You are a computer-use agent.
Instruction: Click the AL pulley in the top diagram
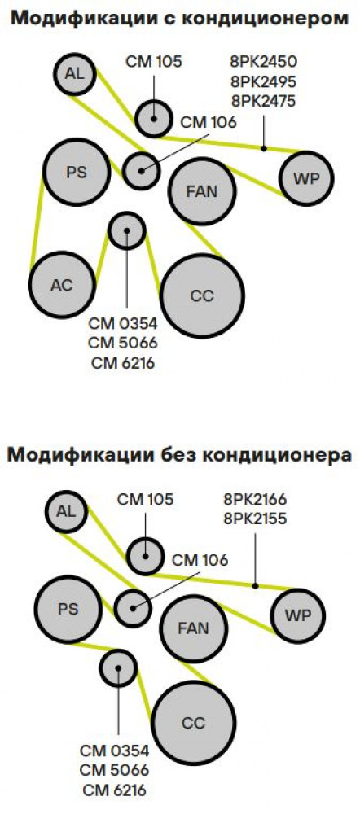coord(75,74)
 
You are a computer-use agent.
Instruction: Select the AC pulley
coord(62,284)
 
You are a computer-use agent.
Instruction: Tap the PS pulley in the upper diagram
coord(77,172)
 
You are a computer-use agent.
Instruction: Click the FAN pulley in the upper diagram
coord(202,191)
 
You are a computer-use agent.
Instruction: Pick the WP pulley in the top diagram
coord(306,179)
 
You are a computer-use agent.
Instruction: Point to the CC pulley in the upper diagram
coord(202,295)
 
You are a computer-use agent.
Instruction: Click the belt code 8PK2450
coord(263,62)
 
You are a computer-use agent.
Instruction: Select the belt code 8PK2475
coord(263,100)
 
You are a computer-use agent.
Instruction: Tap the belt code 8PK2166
coord(255,500)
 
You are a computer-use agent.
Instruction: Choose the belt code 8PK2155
coord(255,519)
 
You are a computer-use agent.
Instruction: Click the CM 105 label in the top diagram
coord(154,62)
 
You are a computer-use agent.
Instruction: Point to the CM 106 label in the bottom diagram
coord(200,560)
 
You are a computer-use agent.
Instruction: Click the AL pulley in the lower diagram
coord(66,511)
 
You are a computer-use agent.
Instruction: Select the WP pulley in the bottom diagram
coord(297,616)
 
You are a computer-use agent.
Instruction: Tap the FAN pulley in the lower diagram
coord(193,628)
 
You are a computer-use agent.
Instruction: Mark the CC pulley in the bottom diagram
coord(193,723)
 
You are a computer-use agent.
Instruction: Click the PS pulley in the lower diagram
coord(68,609)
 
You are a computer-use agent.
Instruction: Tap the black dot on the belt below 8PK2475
coord(264,148)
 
